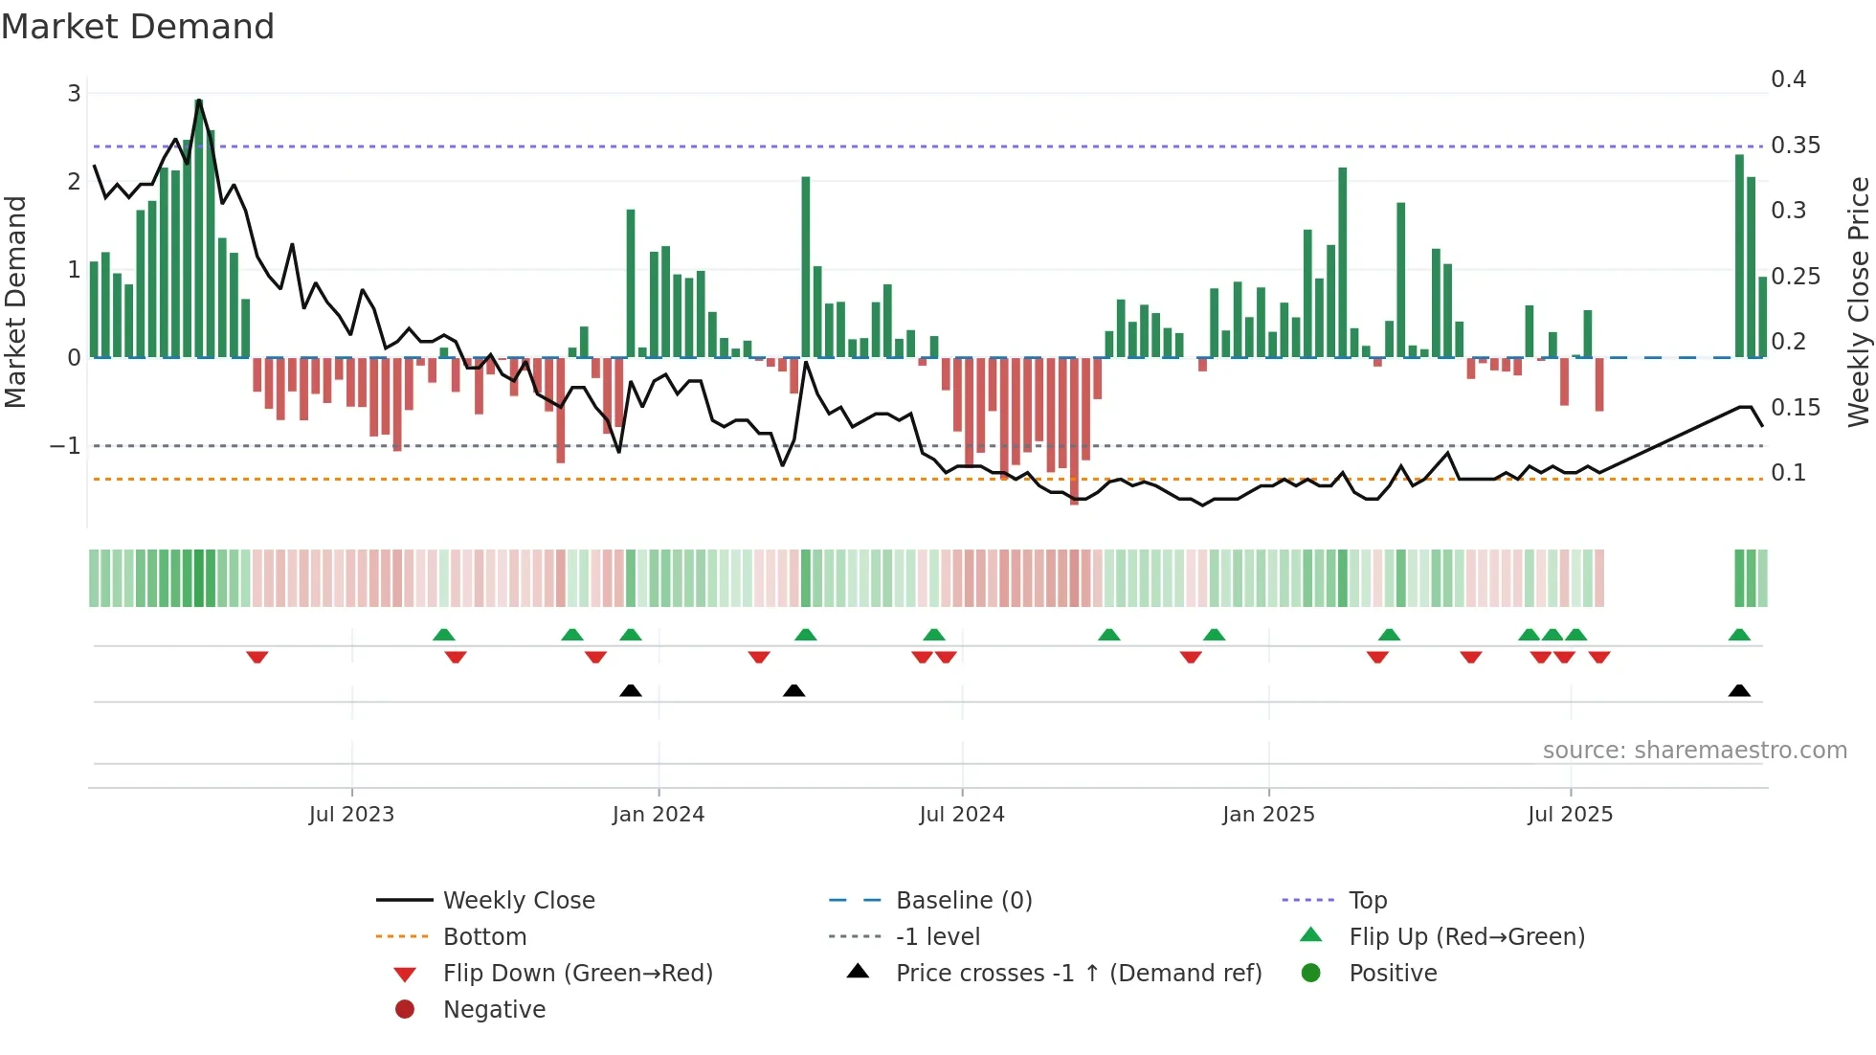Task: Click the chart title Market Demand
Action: tap(138, 27)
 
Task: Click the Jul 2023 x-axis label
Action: tap(351, 815)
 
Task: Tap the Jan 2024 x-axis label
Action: tap(658, 815)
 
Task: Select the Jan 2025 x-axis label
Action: tap(1268, 815)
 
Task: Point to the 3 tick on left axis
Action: tap(74, 94)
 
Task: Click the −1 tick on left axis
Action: tap(65, 446)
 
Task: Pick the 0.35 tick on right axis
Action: tap(1795, 146)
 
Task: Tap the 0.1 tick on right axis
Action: tap(1788, 473)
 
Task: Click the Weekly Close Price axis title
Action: tap(1858, 302)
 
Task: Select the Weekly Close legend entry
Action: tap(518, 901)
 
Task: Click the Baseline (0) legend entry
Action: tap(963, 901)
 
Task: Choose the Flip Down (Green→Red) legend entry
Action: tap(577, 974)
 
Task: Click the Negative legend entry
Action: tap(494, 1010)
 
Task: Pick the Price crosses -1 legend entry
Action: tap(1078, 974)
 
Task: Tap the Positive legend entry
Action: tap(1393, 974)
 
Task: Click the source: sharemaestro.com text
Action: tap(1694, 751)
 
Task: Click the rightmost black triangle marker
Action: tap(1739, 691)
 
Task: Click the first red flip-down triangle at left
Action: tap(257, 657)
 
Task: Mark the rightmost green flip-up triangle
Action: tap(1739, 635)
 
